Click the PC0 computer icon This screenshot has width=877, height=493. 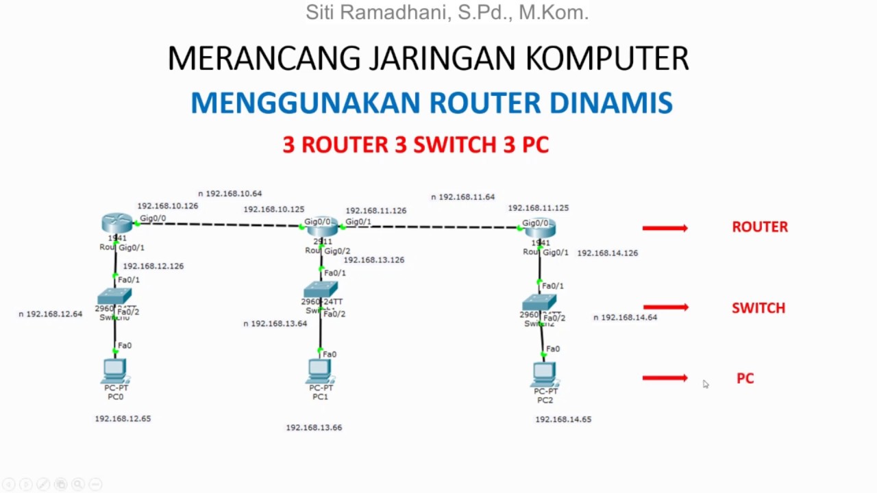(x=114, y=370)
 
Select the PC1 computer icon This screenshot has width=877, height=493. (x=319, y=370)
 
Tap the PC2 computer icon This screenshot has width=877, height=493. (x=544, y=373)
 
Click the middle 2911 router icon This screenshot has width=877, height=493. (x=322, y=227)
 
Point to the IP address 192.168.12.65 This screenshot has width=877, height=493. (x=123, y=418)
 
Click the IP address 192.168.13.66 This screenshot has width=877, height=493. (x=314, y=427)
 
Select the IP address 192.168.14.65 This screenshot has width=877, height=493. (x=563, y=419)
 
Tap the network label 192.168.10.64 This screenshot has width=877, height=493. (x=234, y=194)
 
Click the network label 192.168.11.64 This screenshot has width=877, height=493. (x=467, y=197)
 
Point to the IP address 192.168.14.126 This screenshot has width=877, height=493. (x=607, y=253)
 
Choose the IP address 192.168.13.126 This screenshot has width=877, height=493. (x=373, y=260)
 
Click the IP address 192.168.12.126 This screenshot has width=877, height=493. (x=153, y=266)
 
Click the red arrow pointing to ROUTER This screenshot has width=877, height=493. (x=665, y=228)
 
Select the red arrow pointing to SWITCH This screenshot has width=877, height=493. (x=665, y=307)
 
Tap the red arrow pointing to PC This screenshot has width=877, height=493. (x=665, y=378)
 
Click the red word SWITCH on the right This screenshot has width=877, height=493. (x=758, y=308)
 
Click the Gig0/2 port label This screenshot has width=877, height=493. (x=337, y=251)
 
